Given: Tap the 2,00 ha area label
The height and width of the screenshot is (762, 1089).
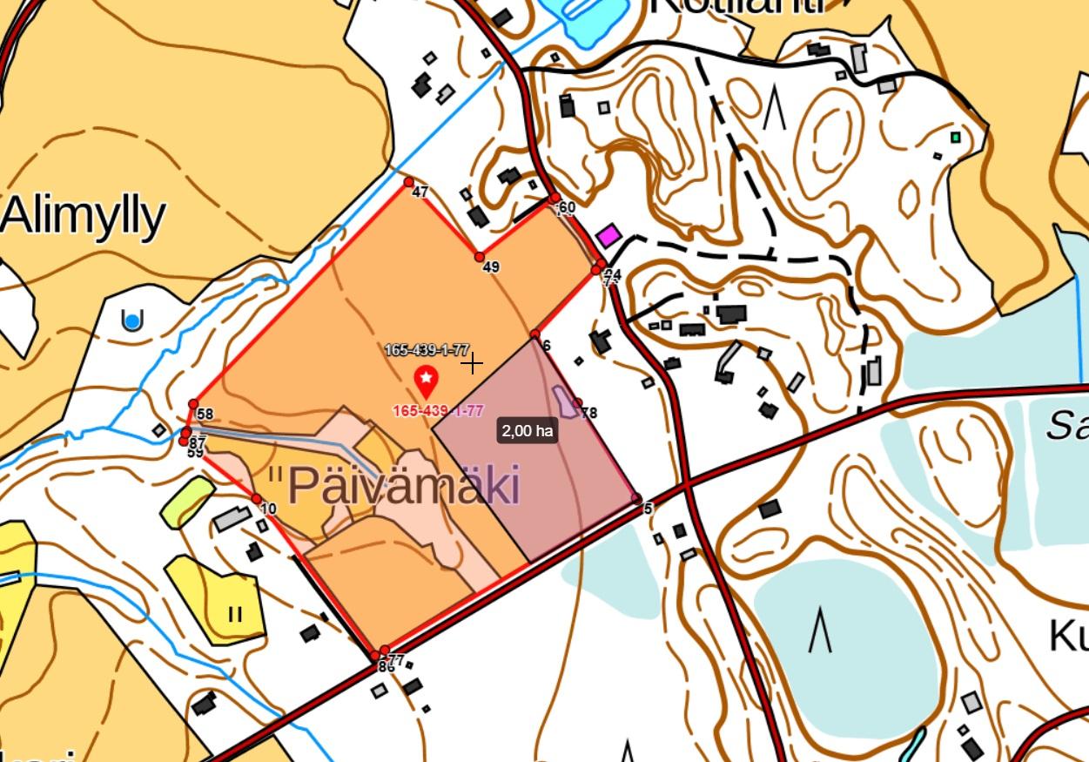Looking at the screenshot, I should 528,430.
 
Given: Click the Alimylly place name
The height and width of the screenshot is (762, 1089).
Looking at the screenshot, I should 84,215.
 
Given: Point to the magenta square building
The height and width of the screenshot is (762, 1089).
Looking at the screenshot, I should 608,235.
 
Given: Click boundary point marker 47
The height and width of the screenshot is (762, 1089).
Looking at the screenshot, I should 409,182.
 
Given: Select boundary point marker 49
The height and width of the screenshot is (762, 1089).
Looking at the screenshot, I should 480,257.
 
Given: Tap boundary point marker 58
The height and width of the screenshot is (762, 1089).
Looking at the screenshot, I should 194,404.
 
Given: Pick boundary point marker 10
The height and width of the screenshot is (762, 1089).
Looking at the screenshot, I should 257,499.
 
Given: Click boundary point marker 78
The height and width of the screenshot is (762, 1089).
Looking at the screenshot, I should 578,402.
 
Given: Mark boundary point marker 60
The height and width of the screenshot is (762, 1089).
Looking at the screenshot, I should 555,199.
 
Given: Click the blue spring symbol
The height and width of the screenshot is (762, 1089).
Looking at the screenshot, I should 132,321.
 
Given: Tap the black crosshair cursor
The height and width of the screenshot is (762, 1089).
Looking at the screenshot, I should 473,363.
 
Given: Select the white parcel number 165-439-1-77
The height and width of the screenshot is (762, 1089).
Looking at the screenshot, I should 427,350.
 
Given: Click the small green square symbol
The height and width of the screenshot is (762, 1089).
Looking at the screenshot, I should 956,138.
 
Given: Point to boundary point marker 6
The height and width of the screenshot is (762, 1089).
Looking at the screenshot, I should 535,334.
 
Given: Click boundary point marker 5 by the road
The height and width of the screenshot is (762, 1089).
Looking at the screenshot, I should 636,499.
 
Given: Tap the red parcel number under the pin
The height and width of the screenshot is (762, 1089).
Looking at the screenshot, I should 438,411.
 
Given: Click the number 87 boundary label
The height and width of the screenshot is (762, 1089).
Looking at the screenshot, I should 198,442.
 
